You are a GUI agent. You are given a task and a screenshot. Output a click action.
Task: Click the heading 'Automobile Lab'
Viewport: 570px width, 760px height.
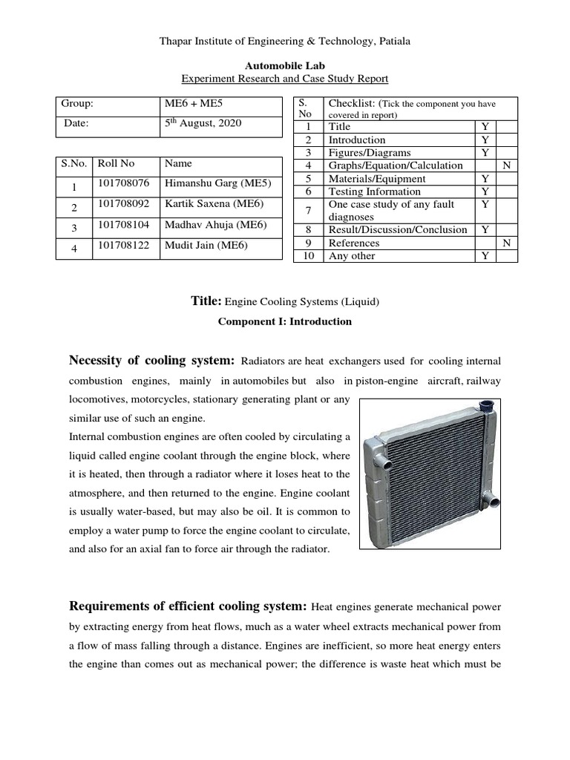285,65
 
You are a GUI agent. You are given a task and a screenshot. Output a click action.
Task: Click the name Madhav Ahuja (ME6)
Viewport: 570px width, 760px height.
215,226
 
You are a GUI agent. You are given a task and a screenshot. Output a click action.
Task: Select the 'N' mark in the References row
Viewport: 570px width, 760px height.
506,243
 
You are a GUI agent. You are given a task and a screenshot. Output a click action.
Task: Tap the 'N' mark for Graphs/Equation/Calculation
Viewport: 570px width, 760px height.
506,166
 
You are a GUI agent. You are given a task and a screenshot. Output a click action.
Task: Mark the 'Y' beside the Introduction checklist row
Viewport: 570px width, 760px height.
485,140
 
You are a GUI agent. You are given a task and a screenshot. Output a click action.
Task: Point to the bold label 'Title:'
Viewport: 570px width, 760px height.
206,301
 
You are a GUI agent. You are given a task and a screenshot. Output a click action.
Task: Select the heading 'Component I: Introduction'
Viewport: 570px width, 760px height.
285,322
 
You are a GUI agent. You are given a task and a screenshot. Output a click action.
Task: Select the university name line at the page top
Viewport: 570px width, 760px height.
285,42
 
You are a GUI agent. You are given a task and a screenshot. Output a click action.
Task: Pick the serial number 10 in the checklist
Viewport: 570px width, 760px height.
307,256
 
